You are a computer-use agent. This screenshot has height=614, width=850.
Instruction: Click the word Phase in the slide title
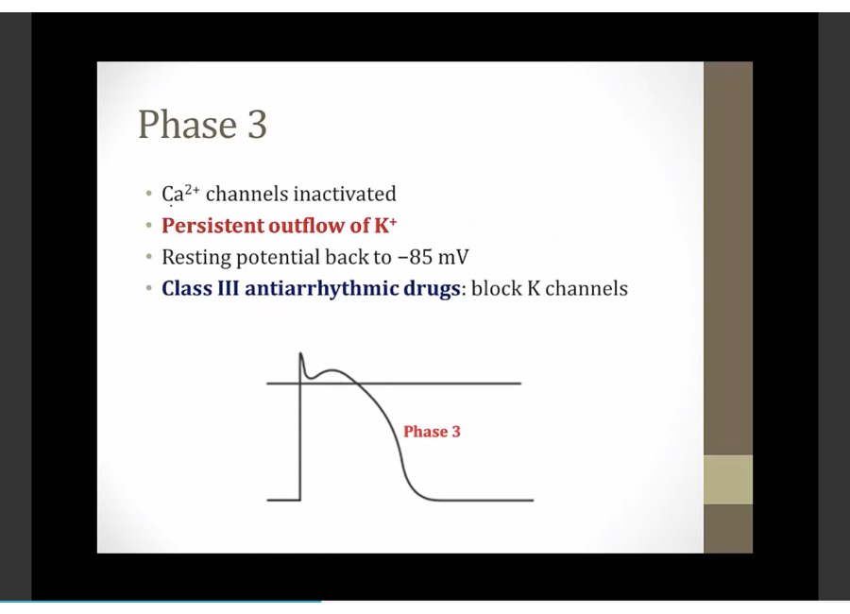coord(188,124)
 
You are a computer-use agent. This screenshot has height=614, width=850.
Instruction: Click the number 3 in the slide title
coord(258,124)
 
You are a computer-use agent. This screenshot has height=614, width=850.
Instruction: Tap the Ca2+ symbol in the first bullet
coord(180,194)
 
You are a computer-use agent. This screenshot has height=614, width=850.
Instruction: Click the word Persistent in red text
coord(212,225)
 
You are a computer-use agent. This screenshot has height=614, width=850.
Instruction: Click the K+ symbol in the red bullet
coord(385,225)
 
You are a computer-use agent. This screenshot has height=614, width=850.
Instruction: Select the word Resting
coord(196,257)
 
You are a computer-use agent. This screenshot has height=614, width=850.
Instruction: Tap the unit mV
coord(452,257)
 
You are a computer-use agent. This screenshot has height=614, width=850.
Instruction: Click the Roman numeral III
coord(228,288)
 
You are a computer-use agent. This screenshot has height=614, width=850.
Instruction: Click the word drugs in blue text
coord(432,289)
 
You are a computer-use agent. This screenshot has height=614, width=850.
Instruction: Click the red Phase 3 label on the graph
coord(432,431)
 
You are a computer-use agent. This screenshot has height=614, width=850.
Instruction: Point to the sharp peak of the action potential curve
coord(301,353)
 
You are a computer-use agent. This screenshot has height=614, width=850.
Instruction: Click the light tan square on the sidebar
coord(728,480)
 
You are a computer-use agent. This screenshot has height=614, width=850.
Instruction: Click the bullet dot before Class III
coord(149,288)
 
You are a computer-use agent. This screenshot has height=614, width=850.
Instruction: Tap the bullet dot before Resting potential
coord(149,257)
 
